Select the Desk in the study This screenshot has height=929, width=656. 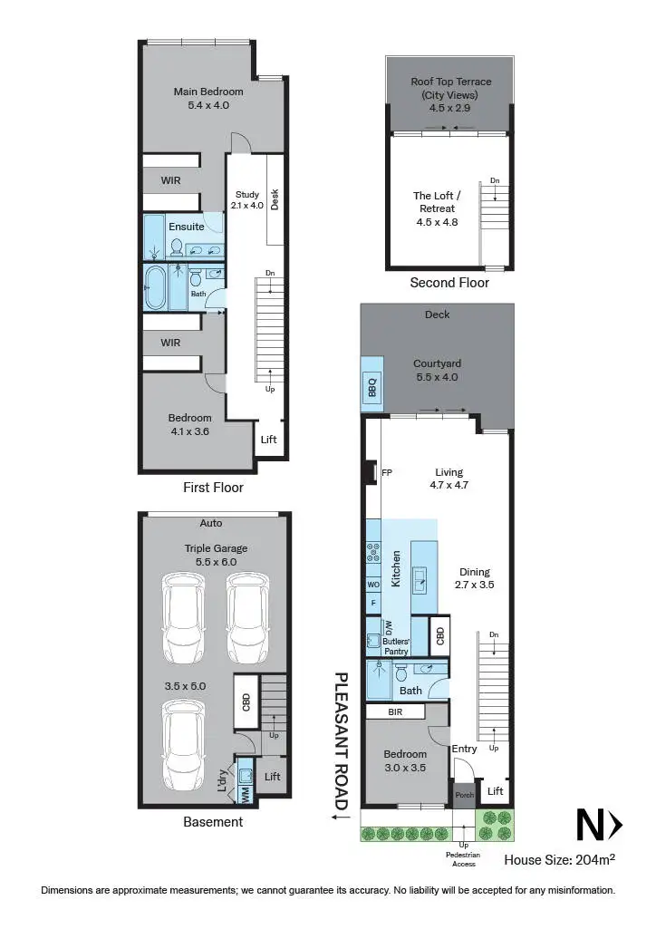275,199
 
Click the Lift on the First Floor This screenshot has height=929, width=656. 268,440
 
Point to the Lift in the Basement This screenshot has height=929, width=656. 273,777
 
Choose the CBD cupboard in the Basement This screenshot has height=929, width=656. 246,703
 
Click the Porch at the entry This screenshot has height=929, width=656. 463,794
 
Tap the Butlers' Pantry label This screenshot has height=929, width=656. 390,645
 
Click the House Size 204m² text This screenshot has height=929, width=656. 560,859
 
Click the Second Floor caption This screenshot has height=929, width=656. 449,283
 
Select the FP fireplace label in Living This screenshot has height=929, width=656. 386,472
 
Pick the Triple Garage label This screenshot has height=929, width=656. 216,548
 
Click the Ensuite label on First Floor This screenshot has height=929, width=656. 187,227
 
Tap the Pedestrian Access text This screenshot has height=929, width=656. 464,859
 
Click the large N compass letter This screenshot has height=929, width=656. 589,825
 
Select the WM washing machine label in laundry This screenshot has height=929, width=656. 246,794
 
